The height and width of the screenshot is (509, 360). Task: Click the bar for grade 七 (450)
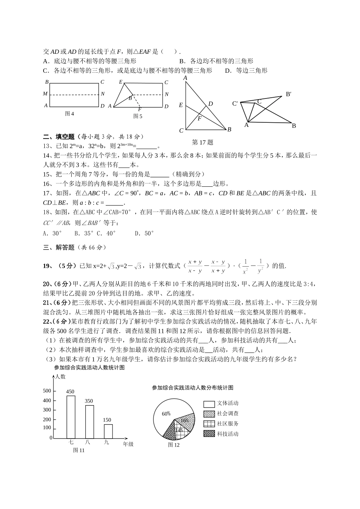[71, 417]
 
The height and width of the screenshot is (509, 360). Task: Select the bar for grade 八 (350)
[89, 422]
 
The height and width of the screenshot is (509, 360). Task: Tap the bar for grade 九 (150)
[108, 431]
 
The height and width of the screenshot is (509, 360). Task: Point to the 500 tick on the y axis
[47, 391]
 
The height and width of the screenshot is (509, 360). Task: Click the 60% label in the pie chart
[166, 414]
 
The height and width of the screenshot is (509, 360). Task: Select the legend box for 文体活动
[209, 404]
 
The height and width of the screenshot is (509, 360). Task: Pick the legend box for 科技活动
[209, 434]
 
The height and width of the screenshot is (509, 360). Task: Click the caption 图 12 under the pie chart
[174, 445]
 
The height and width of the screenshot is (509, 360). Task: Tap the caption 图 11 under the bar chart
[79, 450]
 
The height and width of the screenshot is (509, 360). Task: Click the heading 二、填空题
[59, 137]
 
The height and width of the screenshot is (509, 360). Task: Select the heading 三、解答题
[59, 247]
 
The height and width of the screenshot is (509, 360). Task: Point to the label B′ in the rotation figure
[289, 94]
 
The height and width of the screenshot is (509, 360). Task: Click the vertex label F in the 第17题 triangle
[199, 118]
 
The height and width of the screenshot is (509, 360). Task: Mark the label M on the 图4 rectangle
[45, 94]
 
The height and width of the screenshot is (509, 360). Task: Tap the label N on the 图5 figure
[167, 94]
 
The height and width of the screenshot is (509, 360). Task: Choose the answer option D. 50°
[144, 233]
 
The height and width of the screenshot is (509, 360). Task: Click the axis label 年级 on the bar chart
[128, 444]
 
